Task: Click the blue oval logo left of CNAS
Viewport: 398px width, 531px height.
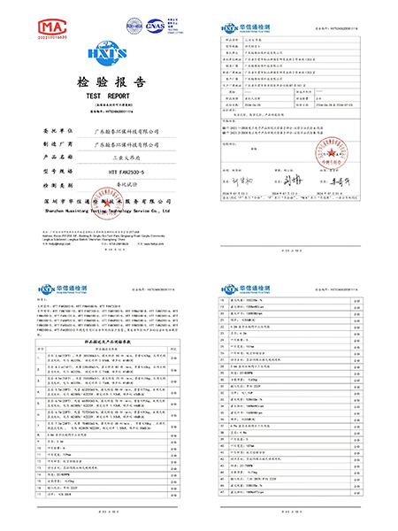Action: pyautogui.click(x=134, y=27)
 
